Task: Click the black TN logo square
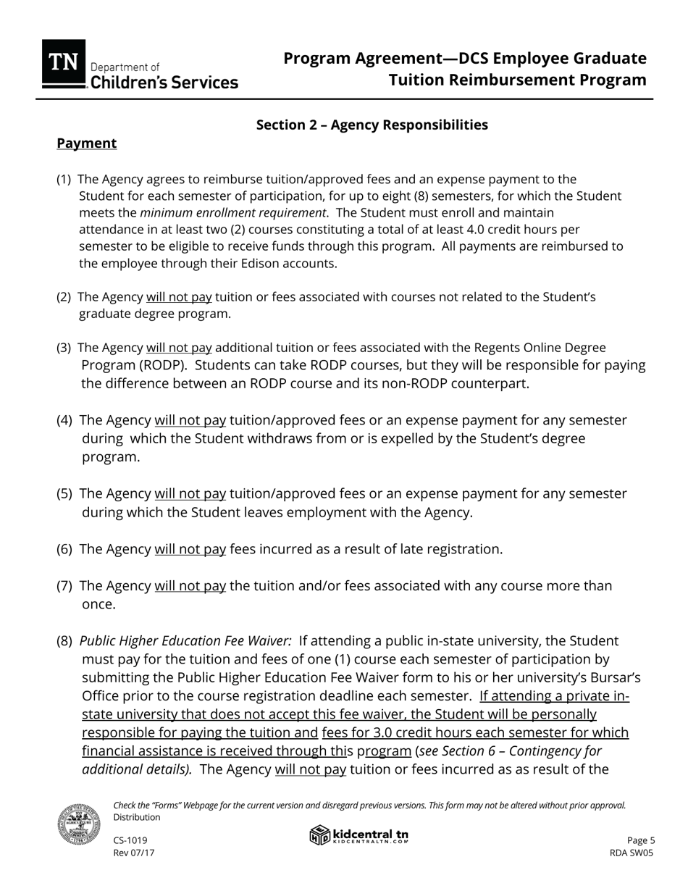click(64, 64)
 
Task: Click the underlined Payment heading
click(87, 143)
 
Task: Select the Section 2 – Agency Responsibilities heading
click(372, 125)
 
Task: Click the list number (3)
click(64, 348)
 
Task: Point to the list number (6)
click(65, 549)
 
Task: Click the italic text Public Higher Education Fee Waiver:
click(185, 641)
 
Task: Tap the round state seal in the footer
click(79, 824)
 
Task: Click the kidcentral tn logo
click(359, 835)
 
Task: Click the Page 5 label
click(641, 840)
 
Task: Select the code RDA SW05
click(632, 853)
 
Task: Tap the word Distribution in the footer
click(137, 817)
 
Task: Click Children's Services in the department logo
click(164, 83)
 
